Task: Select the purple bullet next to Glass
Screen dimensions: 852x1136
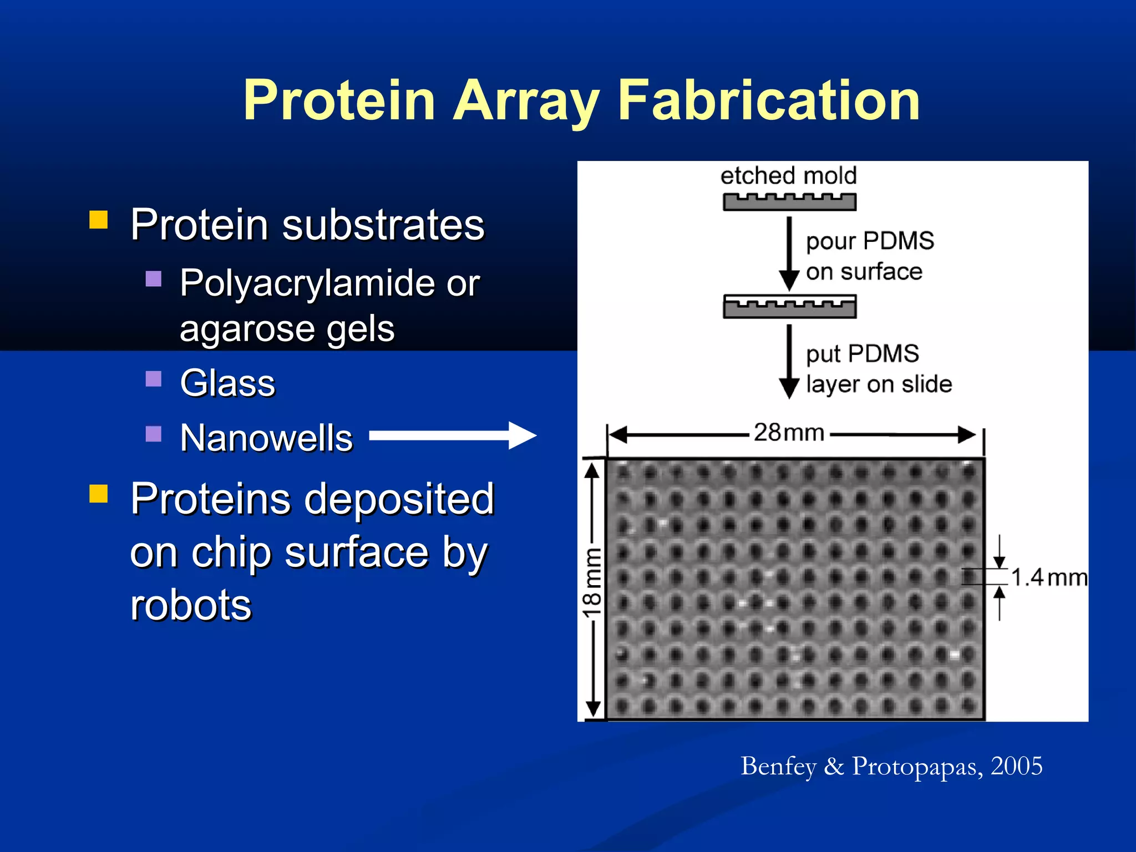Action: (x=153, y=379)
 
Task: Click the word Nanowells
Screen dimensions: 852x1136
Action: (x=266, y=438)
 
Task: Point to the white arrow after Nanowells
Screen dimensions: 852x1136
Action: (x=452, y=435)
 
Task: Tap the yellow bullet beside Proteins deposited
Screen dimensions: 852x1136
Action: (x=98, y=493)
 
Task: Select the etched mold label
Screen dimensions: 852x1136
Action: (x=788, y=176)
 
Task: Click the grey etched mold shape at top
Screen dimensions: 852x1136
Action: (x=789, y=202)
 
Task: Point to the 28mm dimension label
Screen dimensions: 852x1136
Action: (x=789, y=432)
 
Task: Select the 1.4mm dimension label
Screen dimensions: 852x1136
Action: (x=1048, y=577)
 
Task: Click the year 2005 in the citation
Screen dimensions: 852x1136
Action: (x=1016, y=766)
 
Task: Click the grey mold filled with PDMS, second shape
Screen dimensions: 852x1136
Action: (x=789, y=307)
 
